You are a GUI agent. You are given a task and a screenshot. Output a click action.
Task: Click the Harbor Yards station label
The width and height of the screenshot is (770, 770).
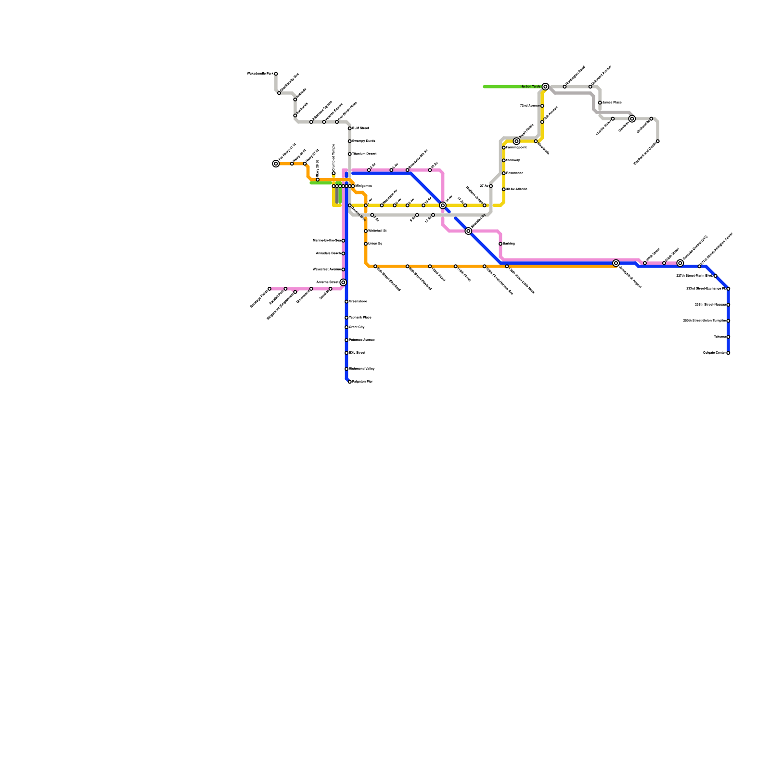pos(530,87)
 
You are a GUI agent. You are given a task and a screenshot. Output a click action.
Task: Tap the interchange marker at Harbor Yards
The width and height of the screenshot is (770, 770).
pos(545,87)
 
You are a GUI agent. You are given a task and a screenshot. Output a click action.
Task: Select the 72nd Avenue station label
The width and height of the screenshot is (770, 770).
pos(529,106)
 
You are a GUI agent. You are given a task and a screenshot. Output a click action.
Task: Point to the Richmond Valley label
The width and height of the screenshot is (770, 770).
pos(361,369)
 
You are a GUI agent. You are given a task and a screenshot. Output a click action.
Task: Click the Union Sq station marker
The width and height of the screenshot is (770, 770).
pos(366,244)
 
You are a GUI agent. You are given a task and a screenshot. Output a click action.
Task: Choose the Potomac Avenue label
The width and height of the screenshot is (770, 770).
pos(361,340)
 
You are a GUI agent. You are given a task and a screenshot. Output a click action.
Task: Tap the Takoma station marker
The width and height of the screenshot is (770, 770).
pos(728,337)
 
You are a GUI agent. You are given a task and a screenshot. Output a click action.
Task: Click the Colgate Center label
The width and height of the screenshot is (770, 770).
pos(714,353)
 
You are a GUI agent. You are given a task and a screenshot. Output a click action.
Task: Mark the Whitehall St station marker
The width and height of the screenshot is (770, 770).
pos(366,231)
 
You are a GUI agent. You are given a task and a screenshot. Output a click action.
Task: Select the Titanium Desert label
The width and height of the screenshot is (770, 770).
pos(364,154)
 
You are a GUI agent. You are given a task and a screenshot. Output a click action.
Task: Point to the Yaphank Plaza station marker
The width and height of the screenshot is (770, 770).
pos(346,318)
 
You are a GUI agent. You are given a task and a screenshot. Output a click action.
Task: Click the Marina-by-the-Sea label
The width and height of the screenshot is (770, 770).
pos(327,241)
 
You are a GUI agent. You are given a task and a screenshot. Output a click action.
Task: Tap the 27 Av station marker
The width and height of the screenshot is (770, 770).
pos(491,186)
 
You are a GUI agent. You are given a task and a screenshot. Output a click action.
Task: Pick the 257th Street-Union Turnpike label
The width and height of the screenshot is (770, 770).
pos(705,321)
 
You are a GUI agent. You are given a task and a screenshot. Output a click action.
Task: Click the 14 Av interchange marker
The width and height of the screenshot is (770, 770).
pos(443,205)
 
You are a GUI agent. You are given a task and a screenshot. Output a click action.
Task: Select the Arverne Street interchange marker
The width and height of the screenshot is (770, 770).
pos(343,282)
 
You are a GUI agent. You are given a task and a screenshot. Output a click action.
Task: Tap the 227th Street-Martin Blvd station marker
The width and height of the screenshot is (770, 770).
pos(716,276)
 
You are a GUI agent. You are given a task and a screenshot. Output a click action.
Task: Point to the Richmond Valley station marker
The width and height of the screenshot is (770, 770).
pos(346,369)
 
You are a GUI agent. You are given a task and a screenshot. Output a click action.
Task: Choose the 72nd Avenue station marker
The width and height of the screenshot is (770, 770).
pos(542,106)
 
